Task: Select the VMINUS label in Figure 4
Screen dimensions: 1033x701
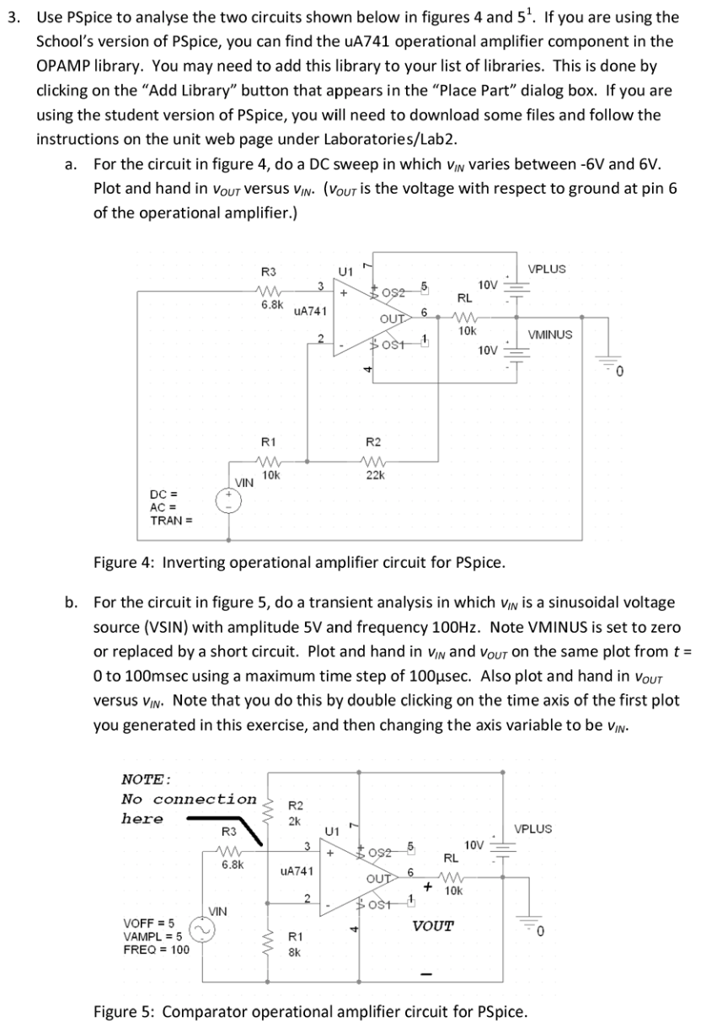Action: [549, 335]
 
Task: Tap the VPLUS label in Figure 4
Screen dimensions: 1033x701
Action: [547, 269]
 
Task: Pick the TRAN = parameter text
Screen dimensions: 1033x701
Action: [171, 519]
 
